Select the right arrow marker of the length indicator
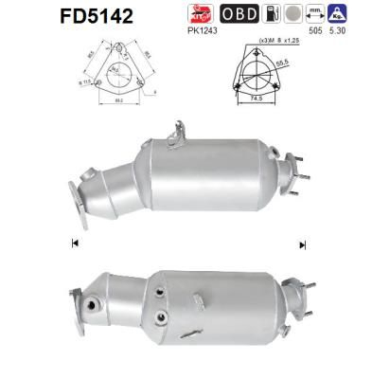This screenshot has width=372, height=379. pyautogui.click(x=302, y=244)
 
